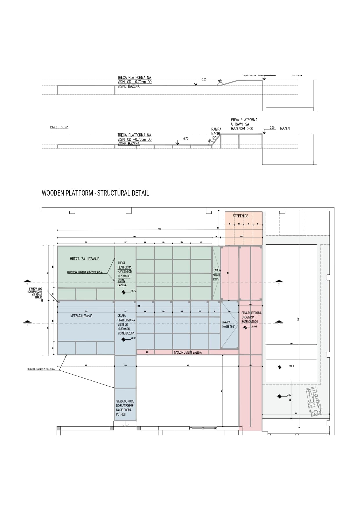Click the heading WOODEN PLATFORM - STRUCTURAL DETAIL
click(95, 193)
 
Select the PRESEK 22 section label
click(59, 127)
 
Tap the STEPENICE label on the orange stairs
click(240, 216)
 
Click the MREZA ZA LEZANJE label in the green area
click(84, 259)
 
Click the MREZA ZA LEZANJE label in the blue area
click(81, 316)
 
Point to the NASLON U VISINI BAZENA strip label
click(188, 352)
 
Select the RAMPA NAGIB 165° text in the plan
click(228, 324)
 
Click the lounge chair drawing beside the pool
click(314, 402)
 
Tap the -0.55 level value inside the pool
click(291, 366)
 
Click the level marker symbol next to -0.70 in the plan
click(124, 292)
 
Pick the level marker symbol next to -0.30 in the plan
click(124, 339)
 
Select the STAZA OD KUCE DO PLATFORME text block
click(125, 408)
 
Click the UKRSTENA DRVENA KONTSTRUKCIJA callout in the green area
click(85, 273)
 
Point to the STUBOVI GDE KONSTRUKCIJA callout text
click(35, 293)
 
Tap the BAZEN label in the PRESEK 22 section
click(285, 128)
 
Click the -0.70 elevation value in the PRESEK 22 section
click(185, 139)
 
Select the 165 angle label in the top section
click(220, 81)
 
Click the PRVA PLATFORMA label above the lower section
click(244, 124)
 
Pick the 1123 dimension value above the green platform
click(160, 229)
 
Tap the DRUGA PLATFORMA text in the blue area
click(126, 324)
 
